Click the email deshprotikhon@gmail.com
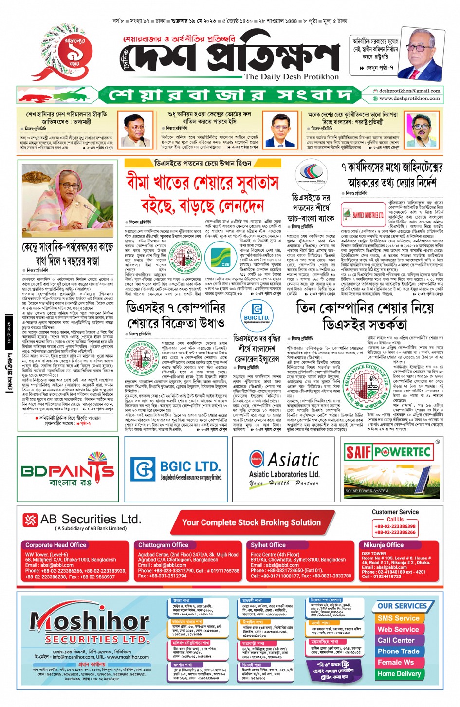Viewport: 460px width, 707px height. pyautogui.click(x=409, y=91)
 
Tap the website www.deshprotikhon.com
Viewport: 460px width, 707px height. pyautogui.click(x=409, y=98)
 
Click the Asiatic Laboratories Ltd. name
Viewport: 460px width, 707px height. pyautogui.click(x=284, y=474)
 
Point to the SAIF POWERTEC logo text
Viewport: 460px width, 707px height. pyautogui.click(x=388, y=452)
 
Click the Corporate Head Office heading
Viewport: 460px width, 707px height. pyautogui.click(x=55, y=545)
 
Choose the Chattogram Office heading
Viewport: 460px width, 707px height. pyautogui.click(x=163, y=545)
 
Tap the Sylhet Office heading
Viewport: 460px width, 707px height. pyautogui.click(x=268, y=545)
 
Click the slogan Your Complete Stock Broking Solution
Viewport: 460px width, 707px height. pyautogui.click(x=251, y=523)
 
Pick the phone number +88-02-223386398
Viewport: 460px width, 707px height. pyautogui.click(x=395, y=526)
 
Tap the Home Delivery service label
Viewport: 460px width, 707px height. pyautogui.click(x=399, y=674)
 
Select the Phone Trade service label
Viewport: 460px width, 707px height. pyautogui.click(x=398, y=651)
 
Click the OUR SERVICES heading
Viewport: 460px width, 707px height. pyautogui.click(x=402, y=606)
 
